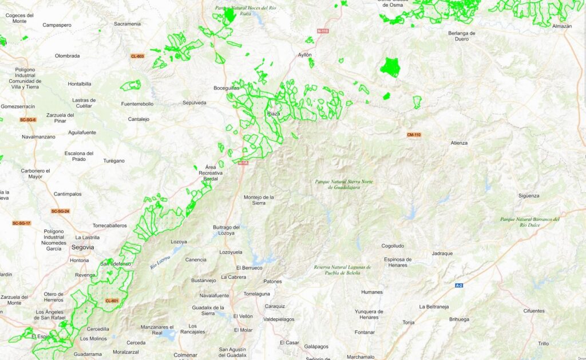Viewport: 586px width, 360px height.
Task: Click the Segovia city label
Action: [x=83, y=247]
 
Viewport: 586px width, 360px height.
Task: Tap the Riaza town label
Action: [x=274, y=114]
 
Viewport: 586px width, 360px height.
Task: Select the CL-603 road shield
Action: [x=137, y=56]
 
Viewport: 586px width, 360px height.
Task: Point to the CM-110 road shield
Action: [x=414, y=134]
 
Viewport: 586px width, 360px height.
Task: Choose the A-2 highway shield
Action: [x=459, y=285]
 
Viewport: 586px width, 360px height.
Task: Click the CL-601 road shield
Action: [x=112, y=301]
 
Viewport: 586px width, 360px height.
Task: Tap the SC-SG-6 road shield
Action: [x=27, y=120]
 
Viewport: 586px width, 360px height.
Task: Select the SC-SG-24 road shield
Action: [x=60, y=211]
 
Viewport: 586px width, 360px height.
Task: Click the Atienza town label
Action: [x=459, y=143]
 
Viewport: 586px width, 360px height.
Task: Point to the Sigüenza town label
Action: [x=529, y=196]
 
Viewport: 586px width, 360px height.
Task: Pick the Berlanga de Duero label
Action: [x=462, y=36]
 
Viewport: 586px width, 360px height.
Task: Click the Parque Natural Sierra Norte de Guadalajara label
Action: [x=344, y=184]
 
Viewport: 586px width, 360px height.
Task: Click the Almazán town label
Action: [x=561, y=26]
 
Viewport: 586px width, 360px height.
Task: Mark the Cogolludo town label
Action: [x=396, y=246]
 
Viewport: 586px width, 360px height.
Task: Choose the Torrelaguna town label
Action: [x=256, y=294]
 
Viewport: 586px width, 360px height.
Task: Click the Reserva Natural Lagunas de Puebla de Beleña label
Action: [x=342, y=270]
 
